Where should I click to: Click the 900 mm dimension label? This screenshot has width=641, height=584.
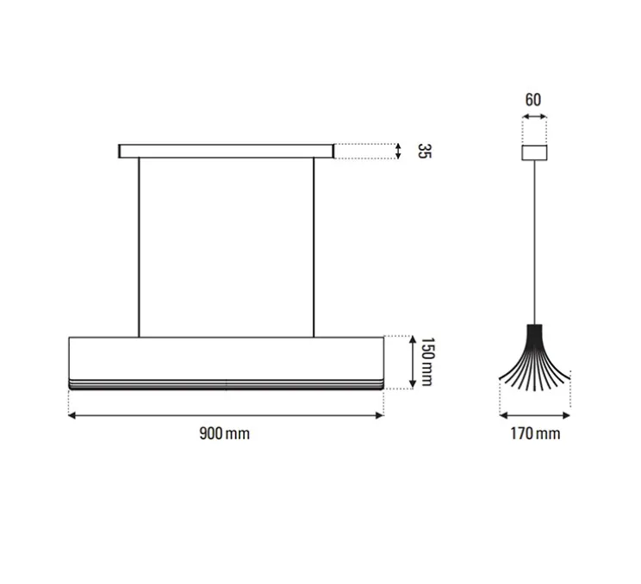pos(224,433)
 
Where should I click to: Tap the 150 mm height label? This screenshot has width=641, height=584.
pos(425,362)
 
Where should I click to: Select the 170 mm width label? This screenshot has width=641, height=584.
pos(534,433)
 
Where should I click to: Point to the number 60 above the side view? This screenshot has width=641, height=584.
pos(533,100)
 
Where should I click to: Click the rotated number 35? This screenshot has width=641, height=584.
pos(423,152)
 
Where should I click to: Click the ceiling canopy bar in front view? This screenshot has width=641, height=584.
pos(226,152)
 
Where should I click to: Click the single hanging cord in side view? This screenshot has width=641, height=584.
pos(534,241)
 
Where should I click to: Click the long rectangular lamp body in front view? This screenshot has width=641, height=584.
pos(226,356)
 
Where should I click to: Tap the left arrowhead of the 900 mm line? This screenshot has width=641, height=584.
pos(72,415)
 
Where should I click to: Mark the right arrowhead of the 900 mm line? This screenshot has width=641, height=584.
pos(379,415)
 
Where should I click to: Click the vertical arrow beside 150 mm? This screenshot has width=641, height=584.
pos(408,362)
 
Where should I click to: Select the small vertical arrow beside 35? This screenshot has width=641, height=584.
pos(397,152)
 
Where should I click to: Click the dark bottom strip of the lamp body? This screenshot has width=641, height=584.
pos(226,385)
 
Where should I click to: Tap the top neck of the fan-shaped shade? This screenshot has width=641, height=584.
pos(534,328)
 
